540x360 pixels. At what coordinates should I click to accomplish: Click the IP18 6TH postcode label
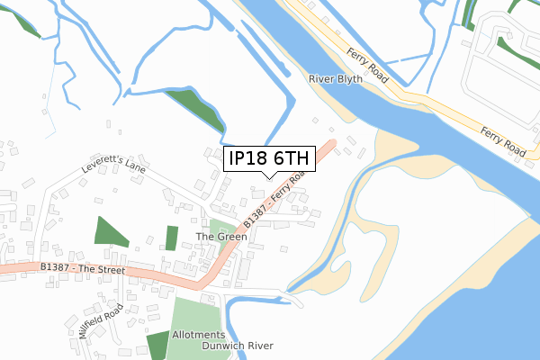pyautogui.click(x=269, y=159)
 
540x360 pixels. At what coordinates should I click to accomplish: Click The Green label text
pyautogui.click(x=221, y=237)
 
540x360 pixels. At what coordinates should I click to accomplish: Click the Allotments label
pyautogui.click(x=200, y=335)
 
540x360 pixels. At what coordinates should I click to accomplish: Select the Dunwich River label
pyautogui.click(x=237, y=346)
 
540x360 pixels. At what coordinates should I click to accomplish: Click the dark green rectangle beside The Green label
pyautogui.click(x=172, y=238)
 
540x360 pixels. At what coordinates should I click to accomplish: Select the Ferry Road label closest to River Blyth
pyautogui.click(x=370, y=65)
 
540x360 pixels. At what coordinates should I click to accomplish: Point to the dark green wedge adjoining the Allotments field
pyautogui.click(x=157, y=347)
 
